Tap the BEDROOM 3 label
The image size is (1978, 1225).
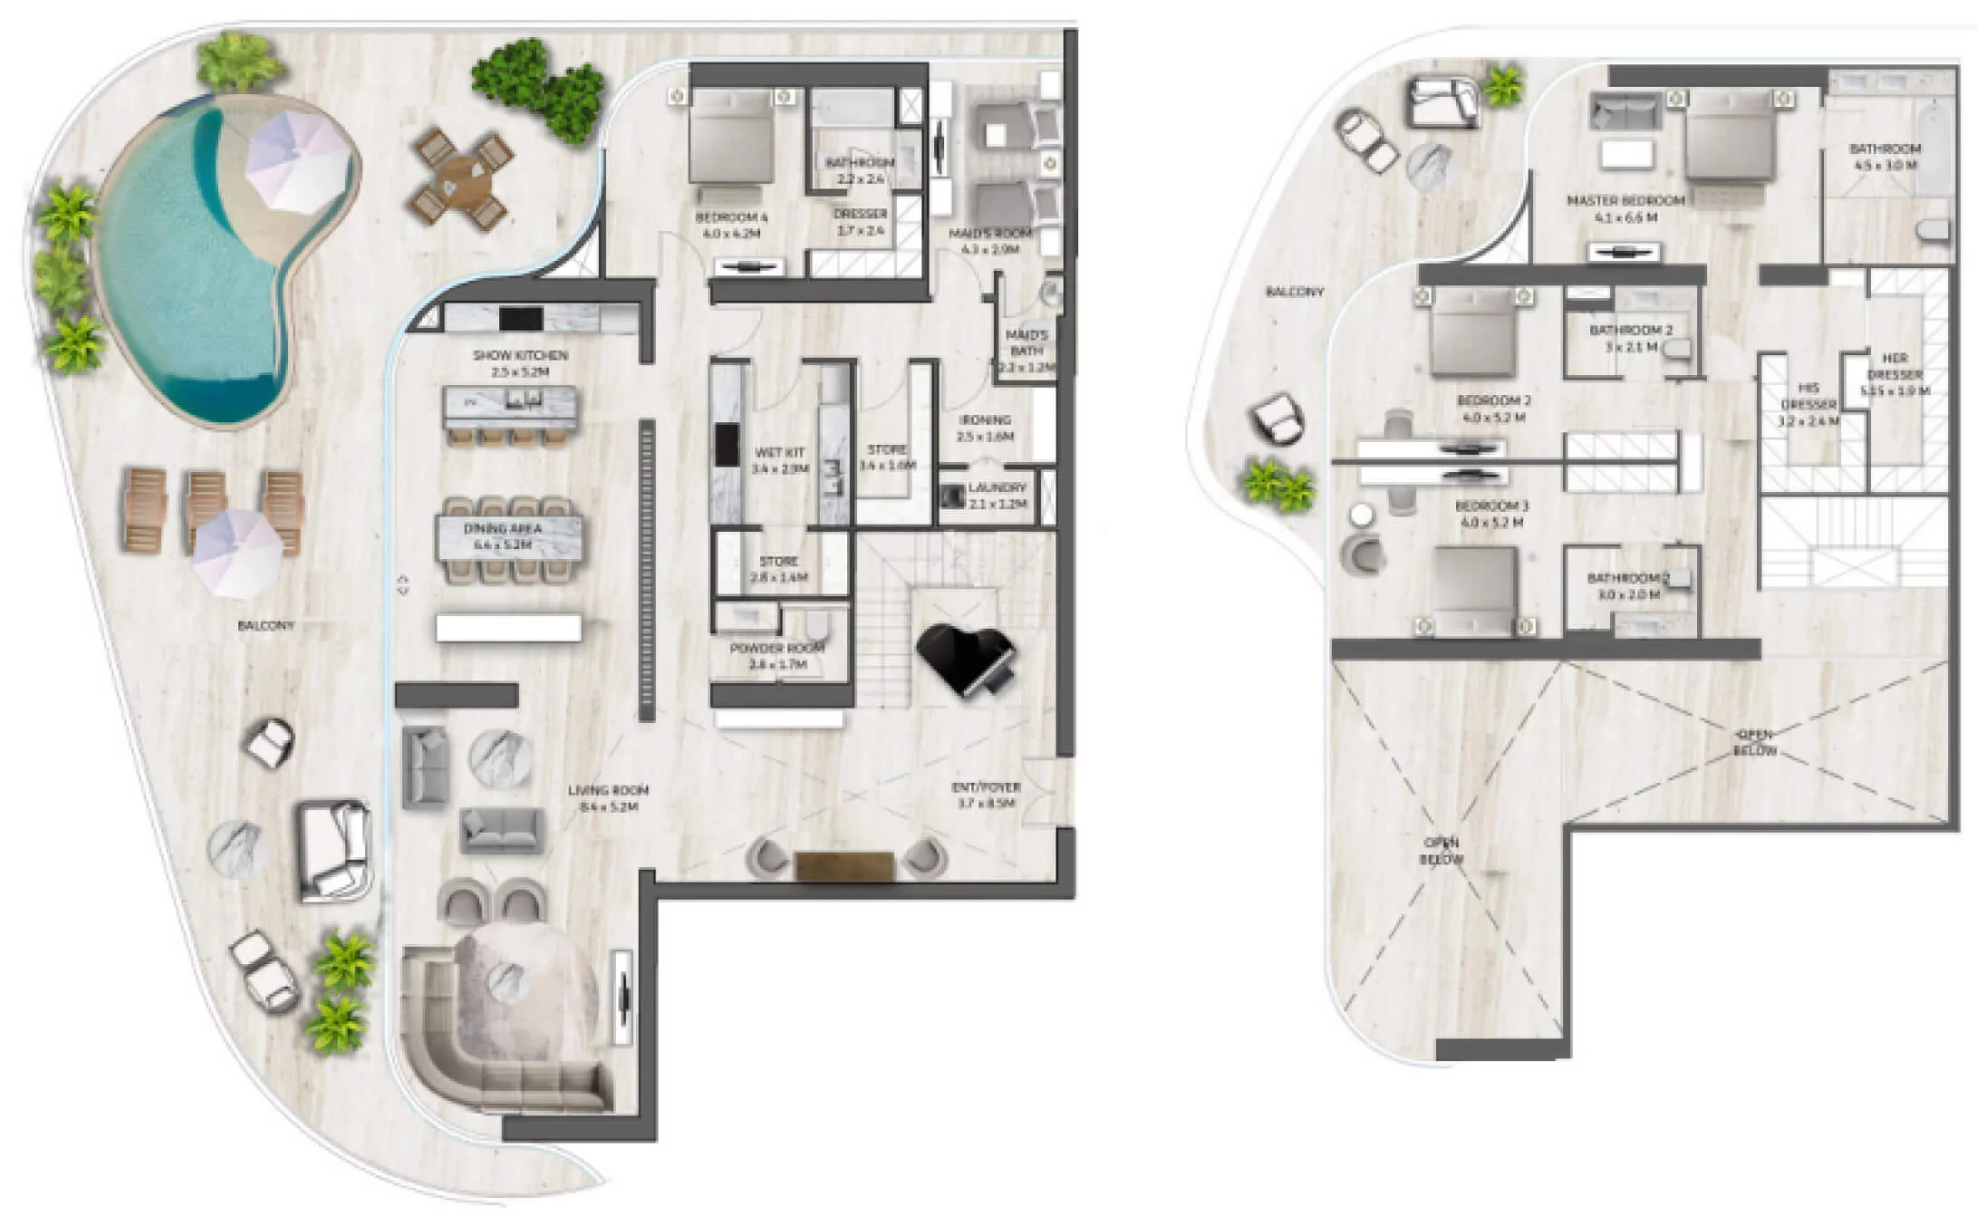(x=1491, y=514)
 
